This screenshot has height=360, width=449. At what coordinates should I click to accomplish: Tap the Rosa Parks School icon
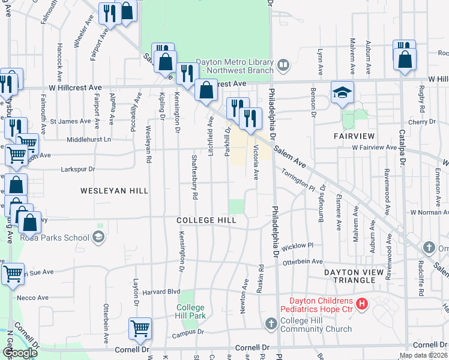point(98,237)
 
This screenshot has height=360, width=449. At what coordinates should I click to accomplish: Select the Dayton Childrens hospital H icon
point(361,304)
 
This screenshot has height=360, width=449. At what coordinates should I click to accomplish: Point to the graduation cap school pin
point(342,93)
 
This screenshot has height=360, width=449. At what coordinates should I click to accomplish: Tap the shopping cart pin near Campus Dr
point(140,328)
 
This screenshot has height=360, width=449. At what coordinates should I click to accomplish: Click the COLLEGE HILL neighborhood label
point(206,220)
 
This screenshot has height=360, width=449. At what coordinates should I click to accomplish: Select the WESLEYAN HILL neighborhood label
point(114,191)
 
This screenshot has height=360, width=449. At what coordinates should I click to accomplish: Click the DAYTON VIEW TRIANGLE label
point(362,272)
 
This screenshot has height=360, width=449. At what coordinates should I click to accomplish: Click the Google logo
point(20,353)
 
